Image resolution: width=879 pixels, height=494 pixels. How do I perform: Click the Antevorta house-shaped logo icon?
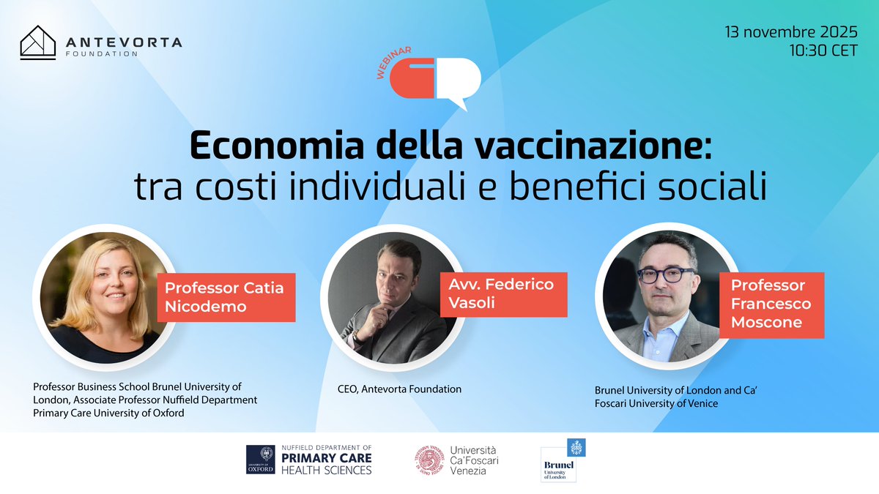tap(39, 43)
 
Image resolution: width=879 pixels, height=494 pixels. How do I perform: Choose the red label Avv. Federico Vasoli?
tap(503, 293)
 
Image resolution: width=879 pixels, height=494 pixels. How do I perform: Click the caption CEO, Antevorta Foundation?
tap(395, 389)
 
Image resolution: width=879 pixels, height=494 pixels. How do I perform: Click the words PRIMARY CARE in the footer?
tap(327, 458)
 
